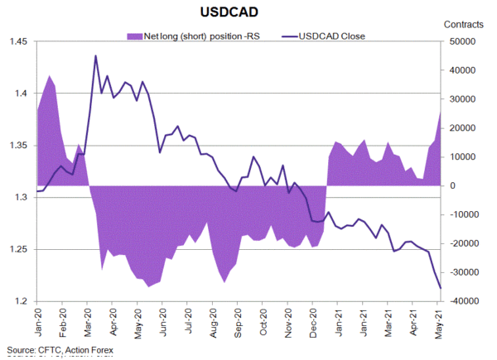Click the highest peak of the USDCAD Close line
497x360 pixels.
(96, 55)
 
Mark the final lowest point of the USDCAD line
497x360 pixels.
(441, 288)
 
